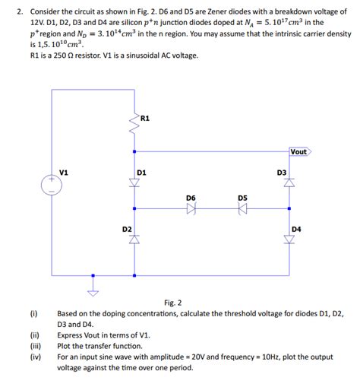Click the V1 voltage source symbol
pyautogui.click(x=52, y=185)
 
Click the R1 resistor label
pyautogui.click(x=146, y=118)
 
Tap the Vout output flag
pyautogui.click(x=299, y=151)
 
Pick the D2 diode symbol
pyautogui.click(x=135, y=239)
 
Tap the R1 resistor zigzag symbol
pyautogui.click(x=135, y=129)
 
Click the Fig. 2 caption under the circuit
pyautogui.click(x=174, y=303)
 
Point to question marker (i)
pyautogui.click(x=33, y=313)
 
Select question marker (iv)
pyautogui.click(x=34, y=355)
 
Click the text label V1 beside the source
pyautogui.click(x=65, y=173)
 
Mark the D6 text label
pyautogui.click(x=191, y=198)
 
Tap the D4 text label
pyautogui.click(x=296, y=228)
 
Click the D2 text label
pyautogui.click(x=127, y=228)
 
